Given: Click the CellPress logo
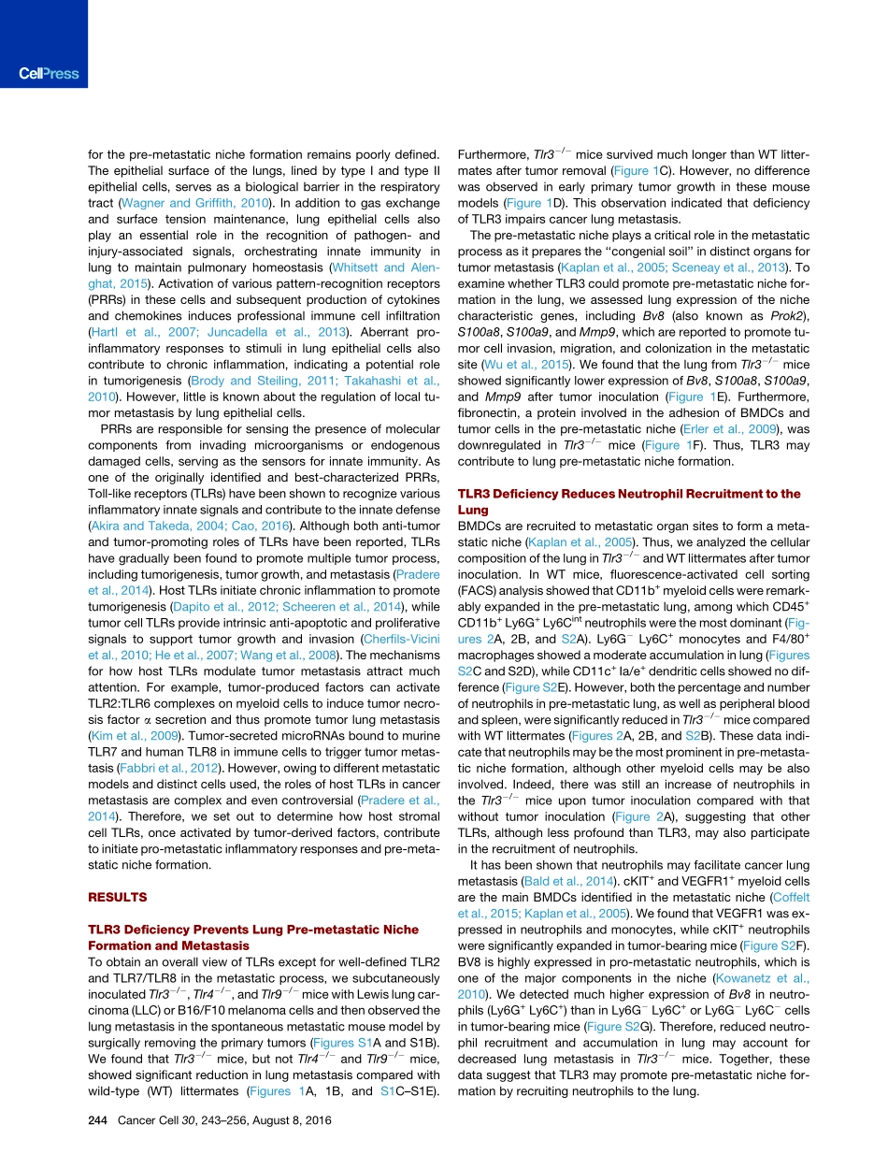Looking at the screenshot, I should coord(48,74).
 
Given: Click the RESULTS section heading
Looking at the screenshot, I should coord(117,897).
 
